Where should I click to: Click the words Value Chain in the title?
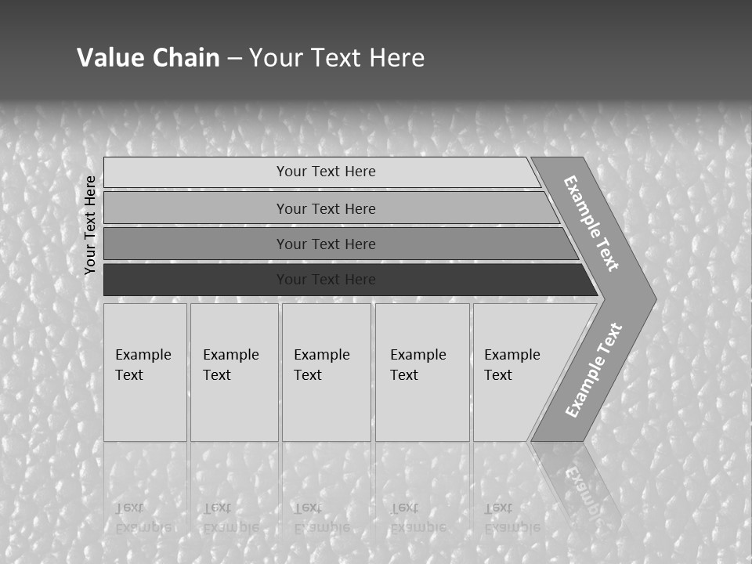click(148, 57)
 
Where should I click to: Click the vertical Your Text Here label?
click(90, 225)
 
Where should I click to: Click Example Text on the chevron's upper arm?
click(591, 222)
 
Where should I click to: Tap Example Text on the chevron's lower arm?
click(593, 371)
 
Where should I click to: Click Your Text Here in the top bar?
click(326, 172)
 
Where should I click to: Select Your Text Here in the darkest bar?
click(326, 280)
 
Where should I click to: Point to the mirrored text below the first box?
click(143, 517)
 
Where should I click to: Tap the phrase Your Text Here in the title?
click(337, 57)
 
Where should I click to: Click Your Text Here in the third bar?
click(326, 244)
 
